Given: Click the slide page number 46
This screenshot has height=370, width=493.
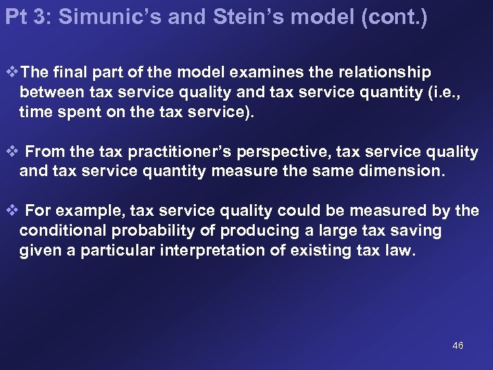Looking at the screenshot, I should (x=458, y=345).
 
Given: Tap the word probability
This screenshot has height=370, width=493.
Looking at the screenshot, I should (x=151, y=231).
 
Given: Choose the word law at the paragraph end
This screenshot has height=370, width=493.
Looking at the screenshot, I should (x=404, y=251).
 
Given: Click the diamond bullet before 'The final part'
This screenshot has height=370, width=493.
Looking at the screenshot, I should (x=9, y=73).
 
